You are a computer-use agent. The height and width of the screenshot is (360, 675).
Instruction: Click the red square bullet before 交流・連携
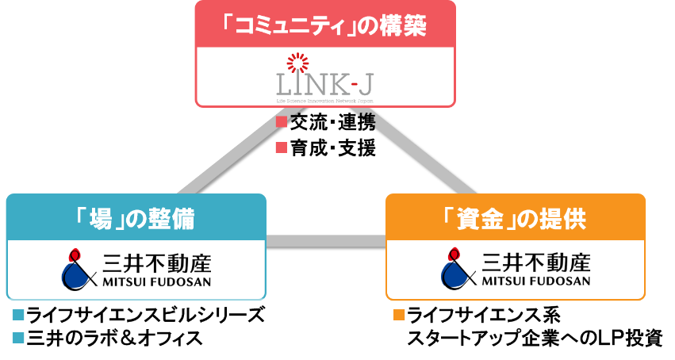280,123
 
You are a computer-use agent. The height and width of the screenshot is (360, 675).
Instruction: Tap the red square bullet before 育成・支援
280,148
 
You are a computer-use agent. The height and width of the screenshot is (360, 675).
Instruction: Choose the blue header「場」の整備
136,219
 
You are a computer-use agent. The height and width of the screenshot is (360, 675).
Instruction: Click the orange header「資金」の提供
515,219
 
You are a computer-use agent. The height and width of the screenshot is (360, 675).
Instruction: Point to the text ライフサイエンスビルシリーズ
144,315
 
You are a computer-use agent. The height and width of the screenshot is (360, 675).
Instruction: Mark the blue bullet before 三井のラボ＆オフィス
19,339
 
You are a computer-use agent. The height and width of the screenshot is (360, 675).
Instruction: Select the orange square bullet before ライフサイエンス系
398,315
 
